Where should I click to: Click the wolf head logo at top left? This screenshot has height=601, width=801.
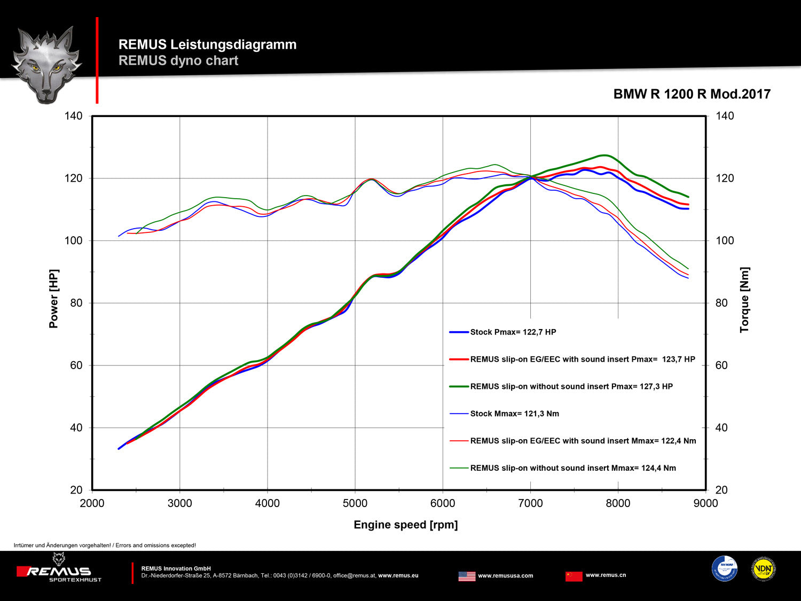pyautogui.click(x=46, y=64)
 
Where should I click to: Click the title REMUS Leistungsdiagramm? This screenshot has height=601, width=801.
pyautogui.click(x=207, y=44)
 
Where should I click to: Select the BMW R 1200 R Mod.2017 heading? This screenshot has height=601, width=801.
pyautogui.click(x=692, y=94)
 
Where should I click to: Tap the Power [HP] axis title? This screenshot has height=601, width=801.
pyautogui.click(x=53, y=299)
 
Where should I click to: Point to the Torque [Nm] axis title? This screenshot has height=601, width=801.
pyautogui.click(x=744, y=300)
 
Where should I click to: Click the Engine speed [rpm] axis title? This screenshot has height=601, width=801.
pyautogui.click(x=405, y=525)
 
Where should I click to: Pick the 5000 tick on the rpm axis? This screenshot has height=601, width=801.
pyautogui.click(x=355, y=503)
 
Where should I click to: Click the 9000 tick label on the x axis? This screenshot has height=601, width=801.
pyautogui.click(x=705, y=503)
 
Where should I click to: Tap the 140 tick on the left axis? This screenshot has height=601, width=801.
pyautogui.click(x=74, y=116)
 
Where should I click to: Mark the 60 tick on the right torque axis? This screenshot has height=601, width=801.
pyautogui.click(x=721, y=365)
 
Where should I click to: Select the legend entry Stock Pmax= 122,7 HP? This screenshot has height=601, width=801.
pyautogui.click(x=513, y=332)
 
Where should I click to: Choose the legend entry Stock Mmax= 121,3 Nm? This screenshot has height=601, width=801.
pyautogui.click(x=514, y=413)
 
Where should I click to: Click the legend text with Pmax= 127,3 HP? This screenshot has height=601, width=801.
pyautogui.click(x=571, y=386)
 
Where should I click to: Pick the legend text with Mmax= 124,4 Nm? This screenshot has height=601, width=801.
pyautogui.click(x=572, y=468)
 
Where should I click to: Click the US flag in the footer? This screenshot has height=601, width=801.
pyautogui.click(x=467, y=576)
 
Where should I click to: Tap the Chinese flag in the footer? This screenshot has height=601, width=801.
pyautogui.click(x=574, y=576)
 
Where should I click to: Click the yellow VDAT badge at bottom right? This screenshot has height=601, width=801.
pyautogui.click(x=764, y=569)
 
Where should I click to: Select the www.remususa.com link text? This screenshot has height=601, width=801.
pyautogui.click(x=505, y=576)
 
